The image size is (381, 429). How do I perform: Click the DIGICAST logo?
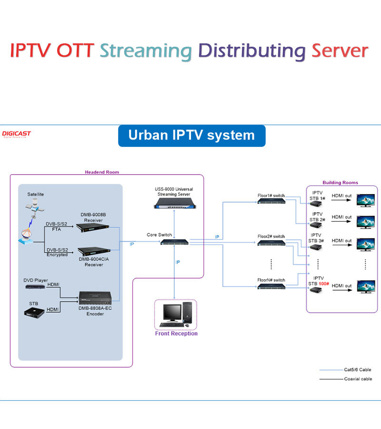[x=17, y=134]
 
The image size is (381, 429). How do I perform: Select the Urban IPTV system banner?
[x=191, y=135]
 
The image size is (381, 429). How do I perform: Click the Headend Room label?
[x=102, y=172]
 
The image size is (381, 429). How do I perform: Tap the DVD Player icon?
[x=35, y=289]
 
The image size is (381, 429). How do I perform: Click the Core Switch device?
[x=174, y=243]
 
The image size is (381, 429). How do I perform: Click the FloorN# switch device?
[x=271, y=286]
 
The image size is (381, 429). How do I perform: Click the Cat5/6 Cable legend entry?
[x=357, y=369]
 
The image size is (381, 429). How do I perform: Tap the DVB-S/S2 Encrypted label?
[x=57, y=252]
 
